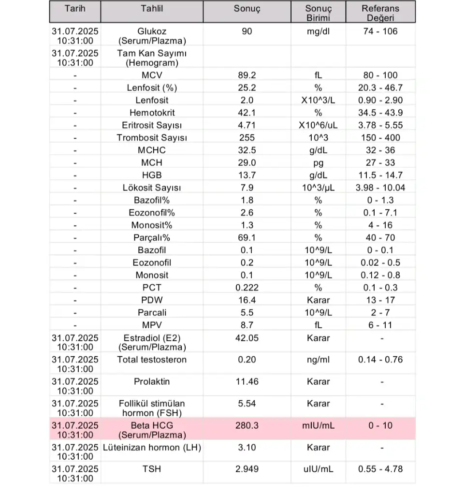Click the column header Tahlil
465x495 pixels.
(151, 9)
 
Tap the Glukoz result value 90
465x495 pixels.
(247, 31)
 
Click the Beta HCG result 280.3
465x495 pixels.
(247, 426)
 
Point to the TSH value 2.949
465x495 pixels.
(247, 469)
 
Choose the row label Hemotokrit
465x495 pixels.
(151, 113)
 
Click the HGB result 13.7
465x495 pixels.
(247, 175)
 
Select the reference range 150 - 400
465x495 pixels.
(380, 138)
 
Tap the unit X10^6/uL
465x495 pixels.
(318, 125)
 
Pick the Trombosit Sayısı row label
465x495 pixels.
(151, 138)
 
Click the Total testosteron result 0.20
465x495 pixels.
(247, 360)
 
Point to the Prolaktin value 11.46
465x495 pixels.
(247, 381)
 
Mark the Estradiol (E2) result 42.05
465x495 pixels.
(247, 338)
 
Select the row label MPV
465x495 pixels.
(151, 325)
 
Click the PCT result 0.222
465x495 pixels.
(247, 288)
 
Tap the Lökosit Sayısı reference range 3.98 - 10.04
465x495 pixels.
(380, 188)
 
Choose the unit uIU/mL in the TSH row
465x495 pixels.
(318, 469)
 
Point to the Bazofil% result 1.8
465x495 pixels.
(247, 200)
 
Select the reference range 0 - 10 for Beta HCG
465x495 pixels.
(380, 426)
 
